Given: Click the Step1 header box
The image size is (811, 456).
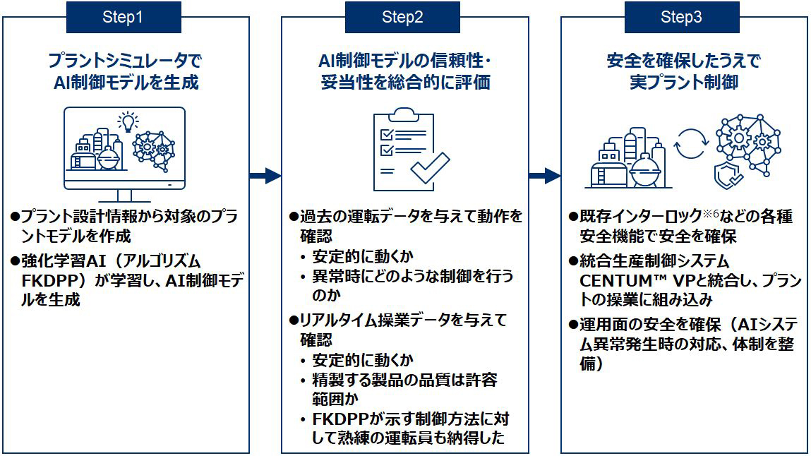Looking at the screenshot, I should pyautogui.click(x=123, y=18).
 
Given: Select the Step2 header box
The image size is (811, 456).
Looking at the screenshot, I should pyautogui.click(x=402, y=18).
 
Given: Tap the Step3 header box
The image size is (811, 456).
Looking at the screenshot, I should pyautogui.click(x=681, y=18).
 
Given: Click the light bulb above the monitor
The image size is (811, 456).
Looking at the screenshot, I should pyautogui.click(x=128, y=121).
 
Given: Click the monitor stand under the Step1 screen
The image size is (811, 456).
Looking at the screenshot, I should pyautogui.click(x=124, y=196).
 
